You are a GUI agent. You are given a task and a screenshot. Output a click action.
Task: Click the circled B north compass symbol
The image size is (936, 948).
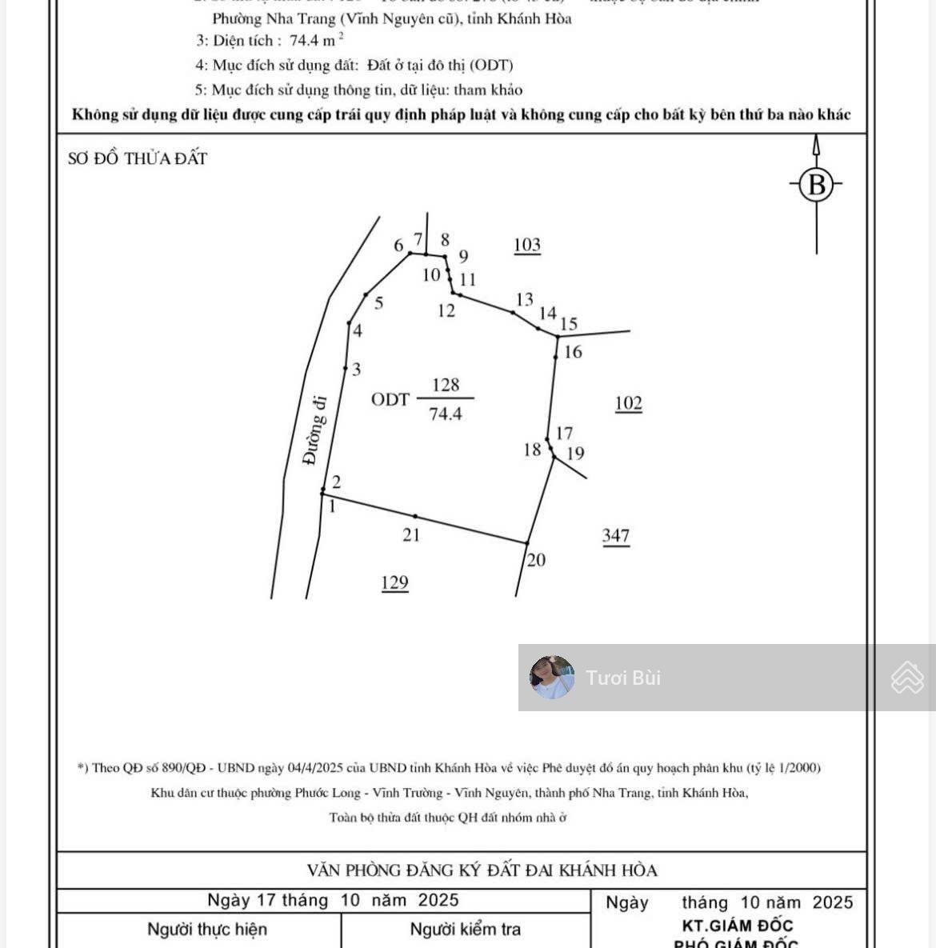[x=816, y=185]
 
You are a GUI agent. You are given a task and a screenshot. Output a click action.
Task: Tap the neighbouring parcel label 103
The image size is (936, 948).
[x=527, y=245]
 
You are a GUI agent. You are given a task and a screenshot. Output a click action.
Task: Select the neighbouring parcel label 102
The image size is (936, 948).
[x=628, y=403]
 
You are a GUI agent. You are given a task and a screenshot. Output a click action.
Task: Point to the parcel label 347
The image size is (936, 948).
[x=616, y=536]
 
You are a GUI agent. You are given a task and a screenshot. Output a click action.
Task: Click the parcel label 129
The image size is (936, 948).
[x=395, y=582]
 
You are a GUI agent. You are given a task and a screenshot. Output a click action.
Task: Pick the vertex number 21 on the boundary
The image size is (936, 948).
[x=411, y=535]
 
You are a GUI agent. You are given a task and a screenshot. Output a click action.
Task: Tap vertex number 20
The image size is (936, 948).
[x=536, y=560]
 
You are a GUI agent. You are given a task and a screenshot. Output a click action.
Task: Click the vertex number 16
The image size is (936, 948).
[x=573, y=352]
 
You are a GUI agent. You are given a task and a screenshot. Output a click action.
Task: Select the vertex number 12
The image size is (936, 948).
[x=446, y=311]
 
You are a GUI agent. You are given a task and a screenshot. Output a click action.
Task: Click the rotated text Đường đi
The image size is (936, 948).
[x=314, y=430]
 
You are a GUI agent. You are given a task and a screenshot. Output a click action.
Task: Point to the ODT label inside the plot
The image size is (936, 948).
[x=390, y=399]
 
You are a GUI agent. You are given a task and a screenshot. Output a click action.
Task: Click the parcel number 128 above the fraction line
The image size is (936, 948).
[x=446, y=385]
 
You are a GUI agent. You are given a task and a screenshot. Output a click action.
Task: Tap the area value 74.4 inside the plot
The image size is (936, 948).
[x=446, y=414]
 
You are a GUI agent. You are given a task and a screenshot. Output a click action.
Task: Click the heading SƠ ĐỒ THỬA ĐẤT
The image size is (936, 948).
[x=138, y=158]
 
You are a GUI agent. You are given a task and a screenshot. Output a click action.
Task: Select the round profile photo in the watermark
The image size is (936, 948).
[x=552, y=678]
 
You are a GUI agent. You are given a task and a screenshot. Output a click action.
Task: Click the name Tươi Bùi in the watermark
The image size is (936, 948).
[x=623, y=678]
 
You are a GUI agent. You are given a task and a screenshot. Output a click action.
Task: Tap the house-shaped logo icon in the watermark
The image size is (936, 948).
[x=907, y=678]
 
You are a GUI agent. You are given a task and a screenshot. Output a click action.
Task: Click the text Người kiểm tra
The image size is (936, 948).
[x=465, y=929]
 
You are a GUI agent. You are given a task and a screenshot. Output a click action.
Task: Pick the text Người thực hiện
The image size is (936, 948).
[x=206, y=929]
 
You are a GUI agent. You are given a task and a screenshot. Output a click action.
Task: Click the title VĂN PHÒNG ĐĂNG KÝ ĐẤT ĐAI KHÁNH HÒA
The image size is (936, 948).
[x=482, y=870]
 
